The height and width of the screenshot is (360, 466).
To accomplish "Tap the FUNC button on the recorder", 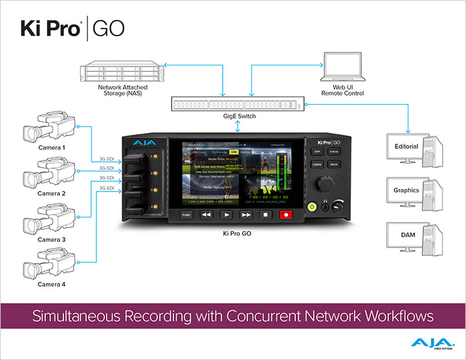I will pyautogui.click(x=186, y=214).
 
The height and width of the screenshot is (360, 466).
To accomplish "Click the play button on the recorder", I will pyautogui.click(x=226, y=214).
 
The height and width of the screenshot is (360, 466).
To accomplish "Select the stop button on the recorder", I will pyautogui.click(x=266, y=214).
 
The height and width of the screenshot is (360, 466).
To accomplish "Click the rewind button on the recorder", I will pyautogui.click(x=206, y=214).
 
